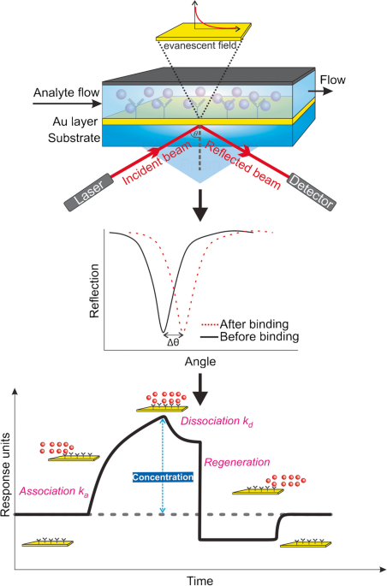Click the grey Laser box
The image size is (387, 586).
coord(90,192)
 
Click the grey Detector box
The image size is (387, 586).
coord(311,192)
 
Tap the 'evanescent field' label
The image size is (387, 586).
coord(201,45)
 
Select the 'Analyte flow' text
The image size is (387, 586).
coord(67,92)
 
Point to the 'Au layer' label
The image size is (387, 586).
coord(75,121)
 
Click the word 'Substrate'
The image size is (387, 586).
coord(74,138)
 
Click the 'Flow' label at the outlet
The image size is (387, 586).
coord(332,80)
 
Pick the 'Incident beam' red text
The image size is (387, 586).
coord(157,163)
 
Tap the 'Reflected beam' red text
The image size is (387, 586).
coord(242,166)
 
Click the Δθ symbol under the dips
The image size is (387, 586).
coord(173,342)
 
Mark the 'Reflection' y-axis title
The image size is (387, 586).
coord(94,291)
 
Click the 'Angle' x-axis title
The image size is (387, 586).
coord(200,362)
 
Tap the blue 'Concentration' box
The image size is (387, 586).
coord(163,477)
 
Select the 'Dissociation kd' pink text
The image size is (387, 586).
coord(217,422)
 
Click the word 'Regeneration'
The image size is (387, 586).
coord(236,462)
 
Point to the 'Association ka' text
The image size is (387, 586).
coord(54,491)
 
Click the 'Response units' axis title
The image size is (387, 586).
coord(5,475)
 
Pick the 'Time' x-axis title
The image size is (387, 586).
coord(200,581)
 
